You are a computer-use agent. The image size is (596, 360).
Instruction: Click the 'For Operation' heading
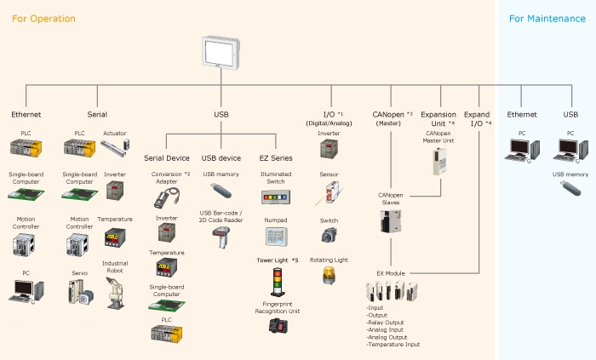click(x=43, y=18)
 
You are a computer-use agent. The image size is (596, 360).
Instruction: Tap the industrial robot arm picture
click(x=115, y=291)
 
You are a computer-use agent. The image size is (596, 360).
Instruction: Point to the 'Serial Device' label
click(x=166, y=157)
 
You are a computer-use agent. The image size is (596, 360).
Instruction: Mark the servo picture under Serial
click(x=78, y=292)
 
